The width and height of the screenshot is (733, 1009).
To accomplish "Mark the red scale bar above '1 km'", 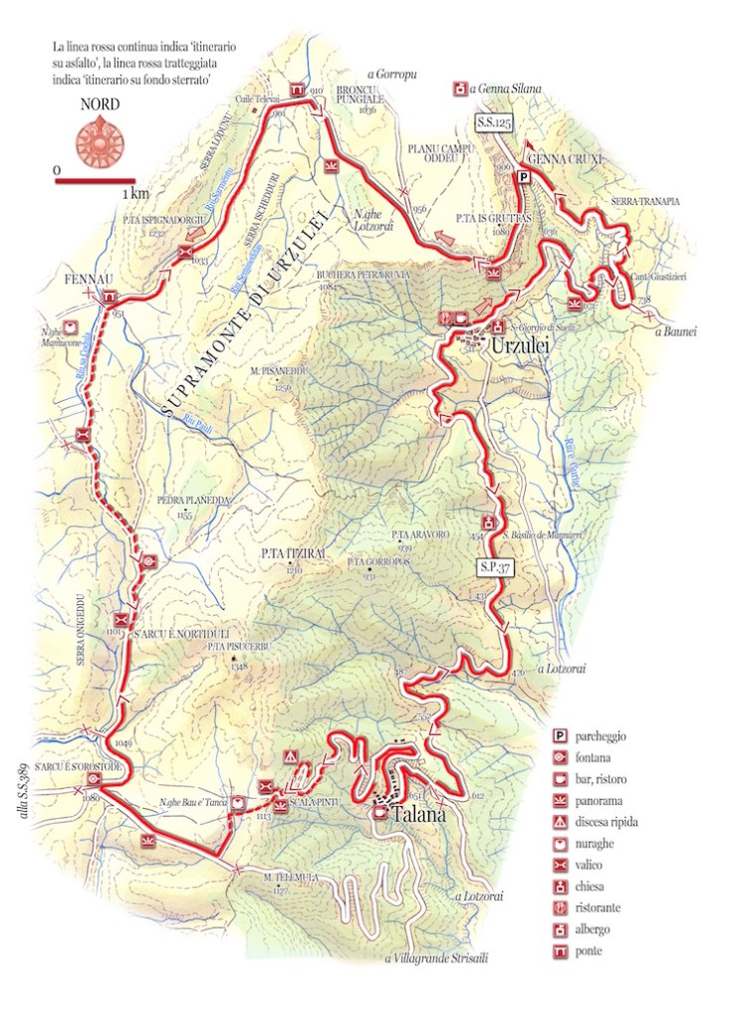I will click(96, 181).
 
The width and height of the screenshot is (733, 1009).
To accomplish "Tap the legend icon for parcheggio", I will click(561, 736).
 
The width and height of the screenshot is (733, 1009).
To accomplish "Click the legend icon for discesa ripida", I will click(561, 822).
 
